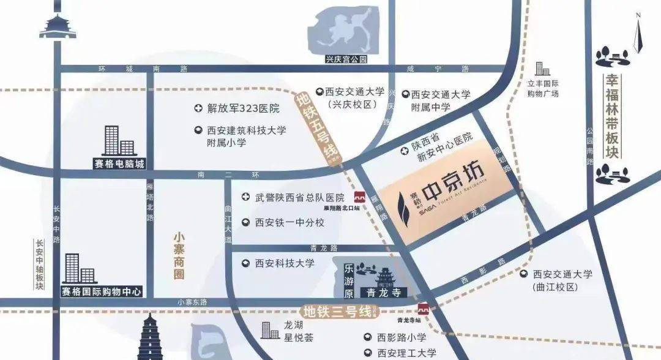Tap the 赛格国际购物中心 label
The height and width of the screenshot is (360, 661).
pos(102,291)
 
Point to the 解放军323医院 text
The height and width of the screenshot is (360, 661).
pos(243,109)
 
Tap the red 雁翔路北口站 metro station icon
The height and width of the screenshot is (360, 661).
pos(360,197)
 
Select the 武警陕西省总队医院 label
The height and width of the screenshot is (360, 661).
pos(300,197)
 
